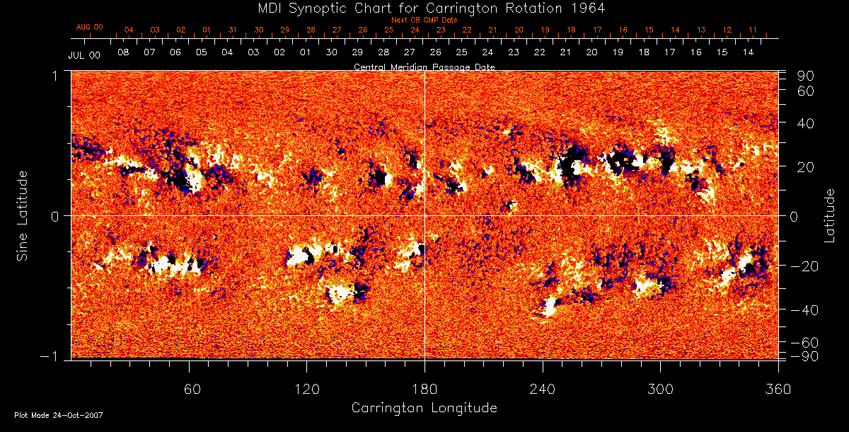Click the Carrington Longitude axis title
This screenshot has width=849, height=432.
click(x=424, y=408)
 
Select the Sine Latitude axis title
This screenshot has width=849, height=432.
click(x=23, y=215)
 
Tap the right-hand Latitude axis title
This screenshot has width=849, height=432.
click(x=829, y=215)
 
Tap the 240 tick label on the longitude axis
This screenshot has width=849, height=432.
click(x=543, y=389)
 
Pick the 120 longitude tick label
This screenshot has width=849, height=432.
click(x=306, y=389)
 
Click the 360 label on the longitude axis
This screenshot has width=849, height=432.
click(x=778, y=389)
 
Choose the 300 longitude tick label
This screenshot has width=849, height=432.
click(x=660, y=389)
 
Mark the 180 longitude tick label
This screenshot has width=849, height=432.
click(x=424, y=389)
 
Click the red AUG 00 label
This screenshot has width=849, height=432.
click(x=89, y=27)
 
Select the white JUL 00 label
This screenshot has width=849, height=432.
click(x=83, y=55)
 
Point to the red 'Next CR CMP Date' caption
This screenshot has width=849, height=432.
click(x=424, y=20)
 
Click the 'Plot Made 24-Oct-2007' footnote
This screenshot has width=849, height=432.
click(x=59, y=415)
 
